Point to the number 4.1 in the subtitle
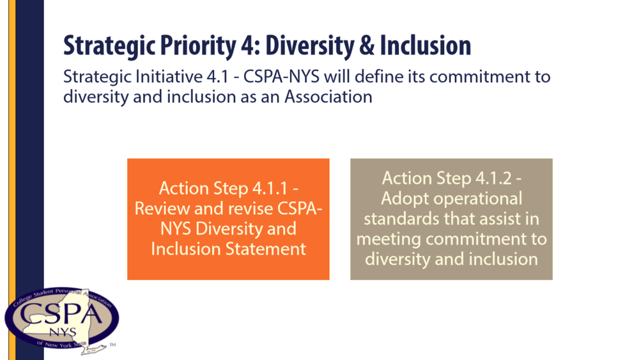coord(217,77)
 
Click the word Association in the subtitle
coord(328,97)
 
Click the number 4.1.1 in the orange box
coord(270,189)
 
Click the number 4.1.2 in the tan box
coord(493,178)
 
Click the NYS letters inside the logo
coord(63,333)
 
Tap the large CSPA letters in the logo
coord(61,315)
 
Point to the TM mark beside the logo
coord(113,345)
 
